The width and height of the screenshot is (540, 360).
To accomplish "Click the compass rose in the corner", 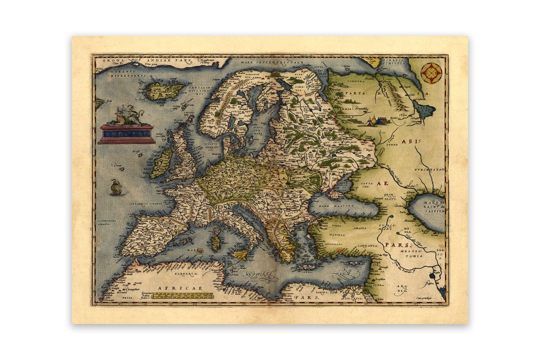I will (x=430, y=73).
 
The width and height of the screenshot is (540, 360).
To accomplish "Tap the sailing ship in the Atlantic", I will (x=116, y=187).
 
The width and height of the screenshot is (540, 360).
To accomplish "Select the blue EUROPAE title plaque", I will (x=126, y=134).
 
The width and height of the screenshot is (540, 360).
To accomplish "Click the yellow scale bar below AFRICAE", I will (x=182, y=295).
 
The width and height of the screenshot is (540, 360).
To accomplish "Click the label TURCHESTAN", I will (x=429, y=169).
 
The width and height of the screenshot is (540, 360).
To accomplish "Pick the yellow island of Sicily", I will (x=239, y=255).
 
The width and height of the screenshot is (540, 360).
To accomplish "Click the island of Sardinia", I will (x=215, y=243).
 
